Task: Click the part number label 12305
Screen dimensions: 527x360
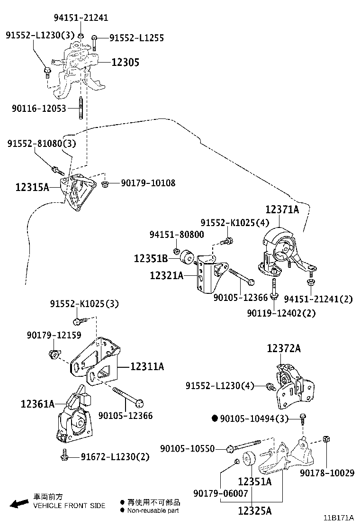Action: pyautogui.click(x=126, y=62)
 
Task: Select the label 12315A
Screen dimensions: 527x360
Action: pyautogui.click(x=32, y=188)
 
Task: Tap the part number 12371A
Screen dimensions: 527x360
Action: pyautogui.click(x=282, y=209)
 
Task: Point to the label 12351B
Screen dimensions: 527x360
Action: pyautogui.click(x=151, y=259)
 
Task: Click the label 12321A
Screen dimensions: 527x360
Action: pyautogui.click(x=167, y=275)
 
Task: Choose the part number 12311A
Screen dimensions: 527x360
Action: pyautogui.click(x=147, y=366)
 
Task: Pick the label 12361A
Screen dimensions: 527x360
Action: pyautogui.click(x=38, y=404)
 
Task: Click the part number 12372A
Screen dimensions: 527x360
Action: pyautogui.click(x=284, y=349)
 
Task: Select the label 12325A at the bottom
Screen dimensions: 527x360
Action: pyautogui.click(x=255, y=510)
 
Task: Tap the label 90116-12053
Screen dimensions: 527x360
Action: pyautogui.click(x=39, y=109)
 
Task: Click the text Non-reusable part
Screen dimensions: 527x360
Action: pyautogui.click(x=153, y=510)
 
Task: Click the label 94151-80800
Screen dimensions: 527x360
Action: pyautogui.click(x=177, y=235)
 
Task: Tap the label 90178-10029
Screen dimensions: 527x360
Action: pyautogui.click(x=327, y=472)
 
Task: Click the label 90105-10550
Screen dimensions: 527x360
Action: pyautogui.click(x=187, y=448)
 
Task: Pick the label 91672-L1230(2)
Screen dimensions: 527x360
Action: pyautogui.click(x=115, y=457)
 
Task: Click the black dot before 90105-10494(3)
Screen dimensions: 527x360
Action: pyautogui.click(x=214, y=418)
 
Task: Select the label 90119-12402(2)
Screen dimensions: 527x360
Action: pyautogui.click(x=281, y=313)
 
